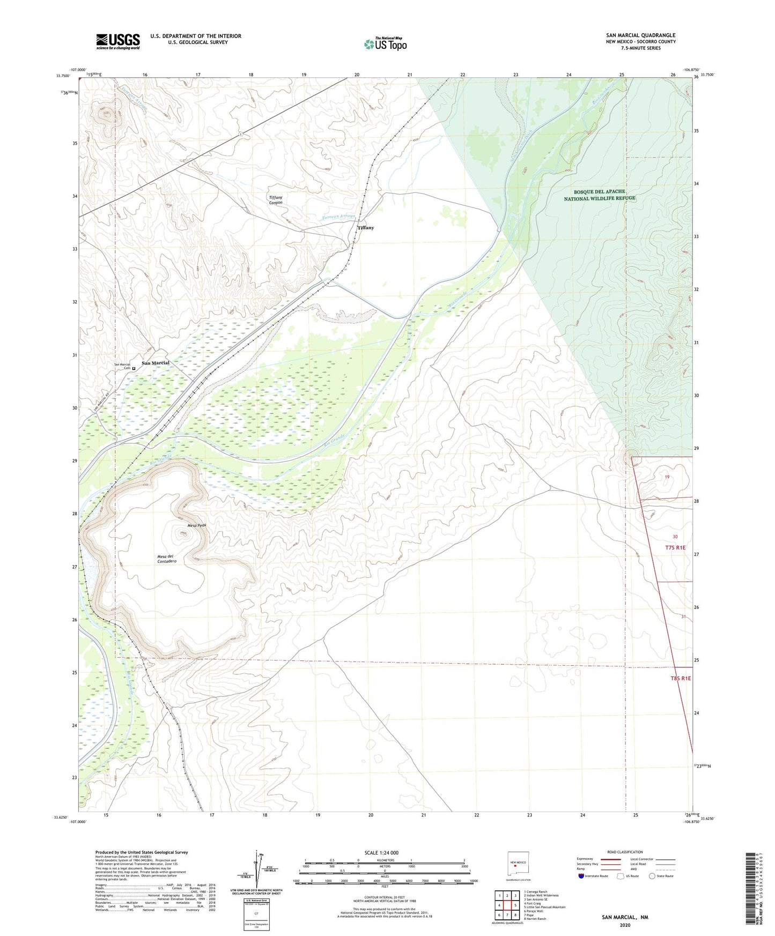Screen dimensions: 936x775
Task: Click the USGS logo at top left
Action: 118,41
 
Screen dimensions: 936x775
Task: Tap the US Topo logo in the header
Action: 385,43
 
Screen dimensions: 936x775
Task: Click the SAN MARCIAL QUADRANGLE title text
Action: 641,35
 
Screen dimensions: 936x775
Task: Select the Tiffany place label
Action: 365,228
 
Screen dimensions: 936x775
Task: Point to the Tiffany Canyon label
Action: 276,200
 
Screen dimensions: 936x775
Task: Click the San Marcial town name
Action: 155,363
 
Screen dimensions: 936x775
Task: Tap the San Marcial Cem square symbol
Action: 134,368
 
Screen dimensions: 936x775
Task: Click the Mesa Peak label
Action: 197,525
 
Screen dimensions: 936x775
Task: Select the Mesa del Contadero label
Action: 167,558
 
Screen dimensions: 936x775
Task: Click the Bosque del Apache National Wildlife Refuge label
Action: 599,195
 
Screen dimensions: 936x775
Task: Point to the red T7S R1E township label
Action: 675,547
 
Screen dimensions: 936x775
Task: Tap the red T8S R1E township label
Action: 680,678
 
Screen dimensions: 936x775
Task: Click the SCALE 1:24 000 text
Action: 381,853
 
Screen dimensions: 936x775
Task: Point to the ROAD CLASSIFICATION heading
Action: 625,852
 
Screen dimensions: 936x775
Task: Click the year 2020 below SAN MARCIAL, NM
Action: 625,925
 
